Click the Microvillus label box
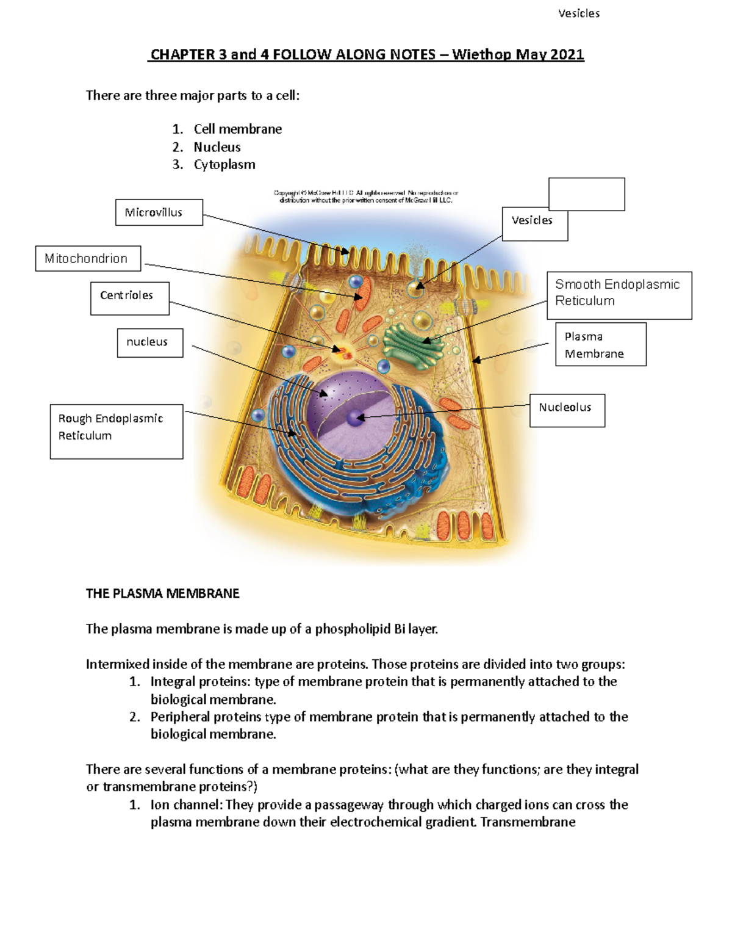[159, 212]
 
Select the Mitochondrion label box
[88, 258]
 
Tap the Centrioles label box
[129, 298]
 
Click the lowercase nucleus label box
[149, 342]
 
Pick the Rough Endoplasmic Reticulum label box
[116, 431]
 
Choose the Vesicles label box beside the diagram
[534, 223]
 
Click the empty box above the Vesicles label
[586, 194]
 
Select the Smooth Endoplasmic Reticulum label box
[619, 295]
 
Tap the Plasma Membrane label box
[600, 344]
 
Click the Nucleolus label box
[567, 410]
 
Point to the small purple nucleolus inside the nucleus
[355, 418]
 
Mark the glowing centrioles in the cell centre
[342, 352]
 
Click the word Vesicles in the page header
[578, 13]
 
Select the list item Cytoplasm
[224, 165]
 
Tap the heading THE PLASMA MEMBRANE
[162, 593]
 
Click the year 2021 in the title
[567, 55]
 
